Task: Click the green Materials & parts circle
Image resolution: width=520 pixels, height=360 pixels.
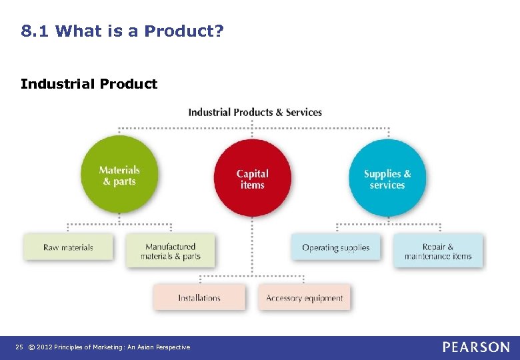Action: coord(119,175)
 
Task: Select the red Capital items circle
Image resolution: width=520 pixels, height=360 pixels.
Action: coord(253,178)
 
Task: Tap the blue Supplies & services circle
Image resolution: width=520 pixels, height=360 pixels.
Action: coord(387,178)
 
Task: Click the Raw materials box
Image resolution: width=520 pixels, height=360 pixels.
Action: coord(68,247)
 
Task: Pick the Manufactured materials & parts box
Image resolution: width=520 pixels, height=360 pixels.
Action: coord(171,251)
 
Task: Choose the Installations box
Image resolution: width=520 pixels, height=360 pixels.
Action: coord(199,298)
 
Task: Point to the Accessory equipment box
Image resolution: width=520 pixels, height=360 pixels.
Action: coord(305,298)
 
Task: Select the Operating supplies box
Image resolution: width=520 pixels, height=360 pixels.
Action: coord(335,247)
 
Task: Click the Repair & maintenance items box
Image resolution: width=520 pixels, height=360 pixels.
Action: coord(438,251)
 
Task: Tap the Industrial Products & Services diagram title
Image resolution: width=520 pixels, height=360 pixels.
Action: coord(255,112)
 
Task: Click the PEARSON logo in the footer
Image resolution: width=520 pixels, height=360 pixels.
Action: coord(476,347)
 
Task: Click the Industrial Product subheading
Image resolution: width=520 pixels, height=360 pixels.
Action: coord(89,84)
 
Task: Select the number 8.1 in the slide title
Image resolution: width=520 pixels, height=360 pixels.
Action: coord(35,31)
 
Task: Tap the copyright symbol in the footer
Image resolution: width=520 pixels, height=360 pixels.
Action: coord(31,347)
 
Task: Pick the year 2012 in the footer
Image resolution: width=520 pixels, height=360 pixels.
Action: coord(45,347)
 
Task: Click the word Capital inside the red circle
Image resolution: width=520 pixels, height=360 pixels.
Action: coord(253,174)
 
